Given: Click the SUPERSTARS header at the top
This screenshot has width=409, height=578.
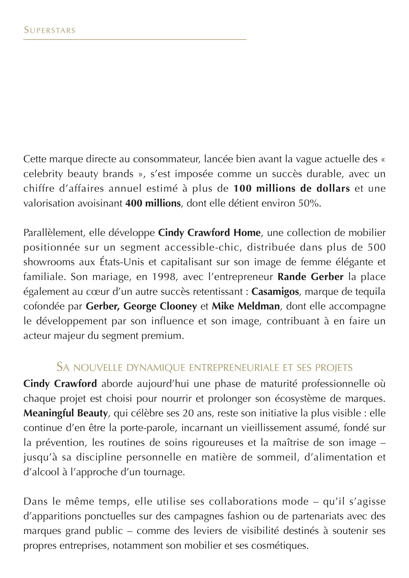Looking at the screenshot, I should click(x=50, y=30).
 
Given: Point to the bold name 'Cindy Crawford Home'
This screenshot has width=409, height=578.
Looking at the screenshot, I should click(x=209, y=233).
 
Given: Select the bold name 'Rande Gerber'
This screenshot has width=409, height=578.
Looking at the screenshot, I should click(x=310, y=277).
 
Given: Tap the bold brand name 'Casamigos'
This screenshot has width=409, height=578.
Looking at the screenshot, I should click(x=275, y=292).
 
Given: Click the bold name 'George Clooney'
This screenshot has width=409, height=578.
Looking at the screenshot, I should click(x=160, y=306).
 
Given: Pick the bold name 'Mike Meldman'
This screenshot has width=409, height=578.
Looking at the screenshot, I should click(x=245, y=306).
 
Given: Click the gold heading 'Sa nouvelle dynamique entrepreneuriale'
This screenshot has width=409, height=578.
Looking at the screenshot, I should click(x=204, y=367).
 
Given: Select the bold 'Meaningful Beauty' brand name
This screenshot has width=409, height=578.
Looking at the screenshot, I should click(x=65, y=413).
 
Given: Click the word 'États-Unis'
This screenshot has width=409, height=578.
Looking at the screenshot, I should click(x=122, y=262).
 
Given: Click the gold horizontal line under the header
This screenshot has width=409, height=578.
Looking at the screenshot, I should click(x=135, y=40).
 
